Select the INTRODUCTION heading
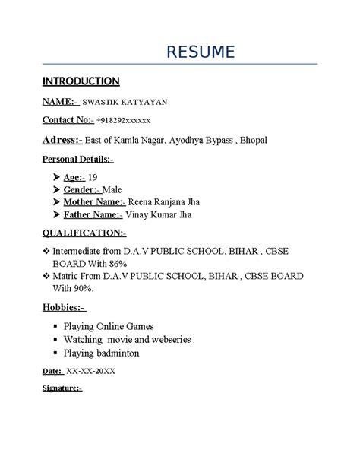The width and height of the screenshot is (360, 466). (81, 81)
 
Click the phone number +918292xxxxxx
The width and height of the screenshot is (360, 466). (124, 120)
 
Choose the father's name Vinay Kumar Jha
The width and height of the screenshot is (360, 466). (159, 215)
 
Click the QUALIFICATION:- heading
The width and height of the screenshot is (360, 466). (84, 233)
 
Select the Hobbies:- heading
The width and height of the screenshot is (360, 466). (64, 306)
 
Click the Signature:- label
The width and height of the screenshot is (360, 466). (62, 388)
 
